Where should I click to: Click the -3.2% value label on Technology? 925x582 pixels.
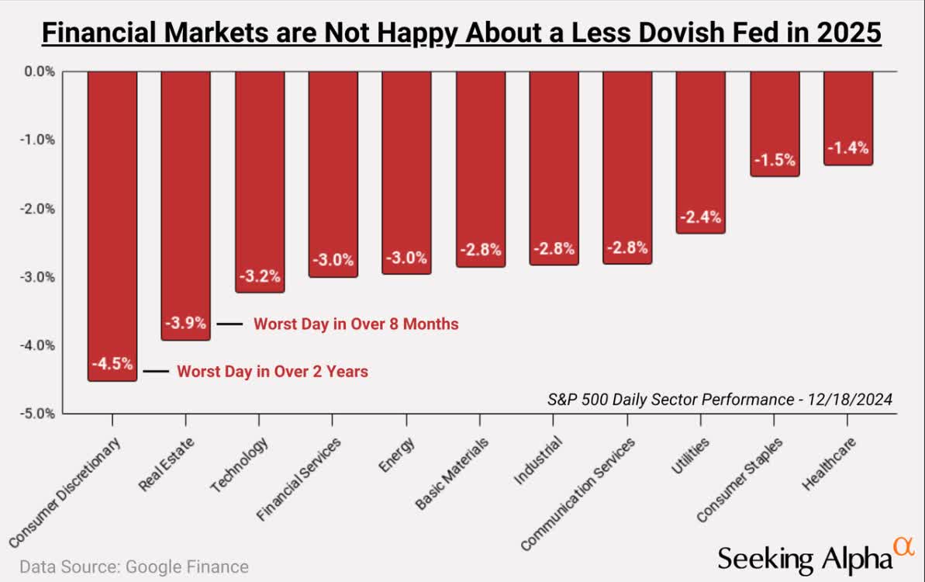click(x=259, y=277)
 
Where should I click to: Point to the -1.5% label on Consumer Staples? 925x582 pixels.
click(x=775, y=161)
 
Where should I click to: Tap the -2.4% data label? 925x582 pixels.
click(x=701, y=217)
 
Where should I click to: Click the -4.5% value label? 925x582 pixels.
click(x=112, y=364)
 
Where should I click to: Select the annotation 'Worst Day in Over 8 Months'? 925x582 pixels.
click(x=356, y=324)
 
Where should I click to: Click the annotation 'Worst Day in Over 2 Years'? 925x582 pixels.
click(x=272, y=372)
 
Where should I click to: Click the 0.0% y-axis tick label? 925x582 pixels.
click(x=39, y=71)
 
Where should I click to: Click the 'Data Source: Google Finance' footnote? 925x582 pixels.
click(x=133, y=566)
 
